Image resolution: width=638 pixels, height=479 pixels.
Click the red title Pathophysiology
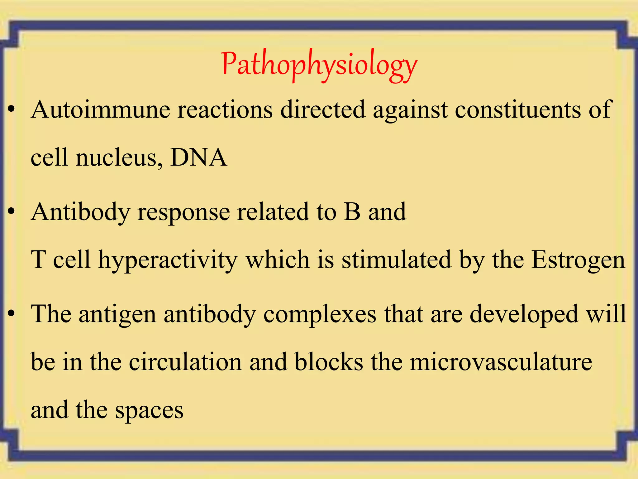(x=319, y=65)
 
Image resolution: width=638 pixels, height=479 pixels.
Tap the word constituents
(x=517, y=109)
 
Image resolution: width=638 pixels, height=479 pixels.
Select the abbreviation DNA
(x=198, y=157)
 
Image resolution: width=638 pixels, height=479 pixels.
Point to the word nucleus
(x=119, y=157)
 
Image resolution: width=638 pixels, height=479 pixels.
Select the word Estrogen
(x=578, y=260)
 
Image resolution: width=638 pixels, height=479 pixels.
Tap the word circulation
(x=185, y=362)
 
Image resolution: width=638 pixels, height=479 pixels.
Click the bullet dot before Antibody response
(x=12, y=212)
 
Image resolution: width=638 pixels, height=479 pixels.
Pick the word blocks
(x=329, y=362)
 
